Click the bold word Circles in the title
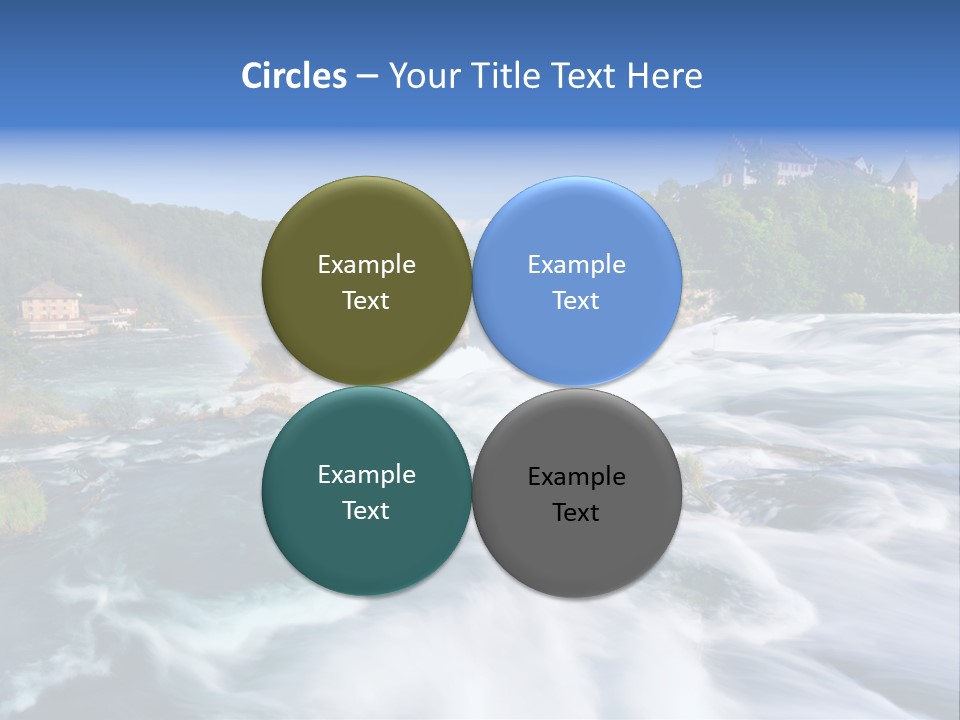tap(294, 76)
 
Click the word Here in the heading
tap(664, 76)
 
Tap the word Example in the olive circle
tap(366, 265)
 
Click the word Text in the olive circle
tap(366, 301)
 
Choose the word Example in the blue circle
tap(576, 265)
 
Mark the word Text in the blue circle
tap(576, 301)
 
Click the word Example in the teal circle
tap(366, 475)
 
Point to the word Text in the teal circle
tap(366, 511)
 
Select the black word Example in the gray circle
tap(576, 477)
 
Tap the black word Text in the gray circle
tap(576, 513)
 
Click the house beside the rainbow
tap(50, 304)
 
